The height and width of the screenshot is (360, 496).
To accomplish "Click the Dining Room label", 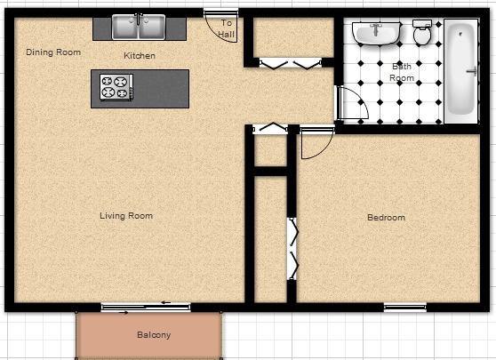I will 53,52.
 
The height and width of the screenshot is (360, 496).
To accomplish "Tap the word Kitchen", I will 140,56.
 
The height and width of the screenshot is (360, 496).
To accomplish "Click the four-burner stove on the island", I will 114,87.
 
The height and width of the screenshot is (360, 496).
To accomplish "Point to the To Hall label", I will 227,28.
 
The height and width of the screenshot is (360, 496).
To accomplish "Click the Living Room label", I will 125,216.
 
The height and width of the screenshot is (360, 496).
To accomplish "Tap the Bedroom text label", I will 386,218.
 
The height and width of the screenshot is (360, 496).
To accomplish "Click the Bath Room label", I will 402,72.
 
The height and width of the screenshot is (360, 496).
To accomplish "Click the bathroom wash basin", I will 375,34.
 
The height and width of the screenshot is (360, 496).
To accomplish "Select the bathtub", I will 460,69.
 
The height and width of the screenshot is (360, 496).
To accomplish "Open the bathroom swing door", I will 353,105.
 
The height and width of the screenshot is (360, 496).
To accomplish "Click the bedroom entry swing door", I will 316,142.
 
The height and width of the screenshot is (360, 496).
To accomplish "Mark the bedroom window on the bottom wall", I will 404,308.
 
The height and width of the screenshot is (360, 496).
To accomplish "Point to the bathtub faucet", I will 460,33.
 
